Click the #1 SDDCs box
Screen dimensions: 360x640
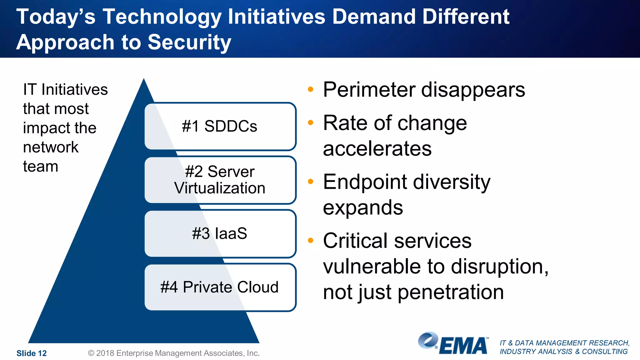tap(220, 126)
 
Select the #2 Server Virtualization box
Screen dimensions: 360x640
tap(220, 180)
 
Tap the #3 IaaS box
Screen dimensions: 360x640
tap(220, 233)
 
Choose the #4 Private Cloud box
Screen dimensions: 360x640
tap(220, 287)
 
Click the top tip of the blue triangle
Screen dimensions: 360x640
tap(144, 80)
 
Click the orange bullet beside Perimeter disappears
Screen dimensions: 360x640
tap(310, 89)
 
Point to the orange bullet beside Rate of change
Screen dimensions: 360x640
tap(310, 122)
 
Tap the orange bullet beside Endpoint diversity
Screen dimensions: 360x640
tap(310, 181)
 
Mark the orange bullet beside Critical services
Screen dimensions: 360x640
tap(310, 240)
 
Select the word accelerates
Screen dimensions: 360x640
tap(377, 148)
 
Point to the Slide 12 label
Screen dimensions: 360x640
tap(32, 353)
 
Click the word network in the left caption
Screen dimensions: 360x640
tap(51, 147)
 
